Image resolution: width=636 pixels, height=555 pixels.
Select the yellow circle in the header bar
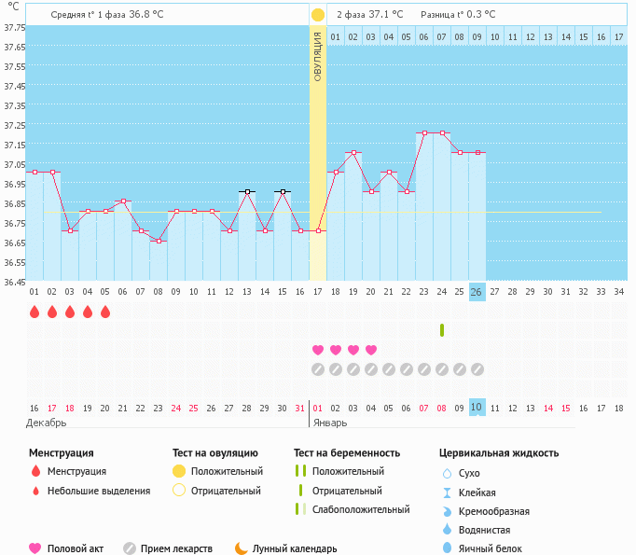point(318,15)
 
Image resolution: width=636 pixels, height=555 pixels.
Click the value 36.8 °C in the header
point(146,15)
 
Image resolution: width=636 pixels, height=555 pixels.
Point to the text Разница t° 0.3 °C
point(458,15)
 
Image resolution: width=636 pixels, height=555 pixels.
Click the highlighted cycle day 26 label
point(477,292)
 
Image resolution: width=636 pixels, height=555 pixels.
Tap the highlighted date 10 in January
point(477,408)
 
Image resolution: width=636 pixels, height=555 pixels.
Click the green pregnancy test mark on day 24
point(441,330)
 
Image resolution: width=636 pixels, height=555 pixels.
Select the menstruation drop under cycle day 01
point(35,312)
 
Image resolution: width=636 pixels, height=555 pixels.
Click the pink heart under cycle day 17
point(318,350)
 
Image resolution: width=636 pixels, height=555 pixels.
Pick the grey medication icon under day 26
point(477,369)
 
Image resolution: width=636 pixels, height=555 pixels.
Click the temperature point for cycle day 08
point(159,242)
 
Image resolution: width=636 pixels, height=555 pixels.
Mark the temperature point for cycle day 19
point(353,152)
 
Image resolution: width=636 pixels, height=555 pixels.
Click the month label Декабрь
point(47,423)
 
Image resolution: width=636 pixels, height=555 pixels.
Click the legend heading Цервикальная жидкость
point(499,453)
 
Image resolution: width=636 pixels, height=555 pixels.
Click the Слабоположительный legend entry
point(362,510)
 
